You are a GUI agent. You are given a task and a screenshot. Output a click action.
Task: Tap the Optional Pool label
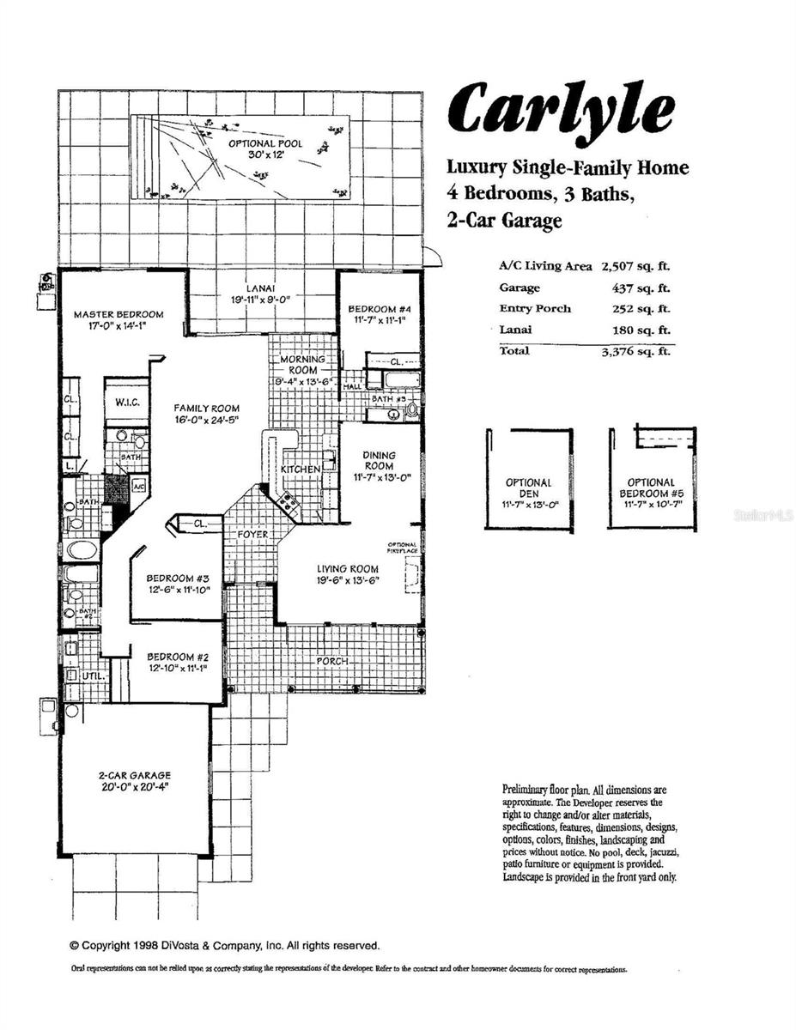pos(264,143)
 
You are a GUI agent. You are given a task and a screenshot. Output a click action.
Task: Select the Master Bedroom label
pos(118,314)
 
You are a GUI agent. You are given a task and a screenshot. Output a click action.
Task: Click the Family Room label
pos(206,409)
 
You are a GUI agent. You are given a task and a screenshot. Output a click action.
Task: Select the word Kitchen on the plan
pos(301,470)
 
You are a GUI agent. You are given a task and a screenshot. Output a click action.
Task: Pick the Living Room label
pos(348,568)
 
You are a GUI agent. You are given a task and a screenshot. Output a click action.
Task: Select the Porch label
pos(332,661)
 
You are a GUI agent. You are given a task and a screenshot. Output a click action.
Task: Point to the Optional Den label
pos(528,483)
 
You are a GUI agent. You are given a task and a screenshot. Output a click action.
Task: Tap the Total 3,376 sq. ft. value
pos(635,350)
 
